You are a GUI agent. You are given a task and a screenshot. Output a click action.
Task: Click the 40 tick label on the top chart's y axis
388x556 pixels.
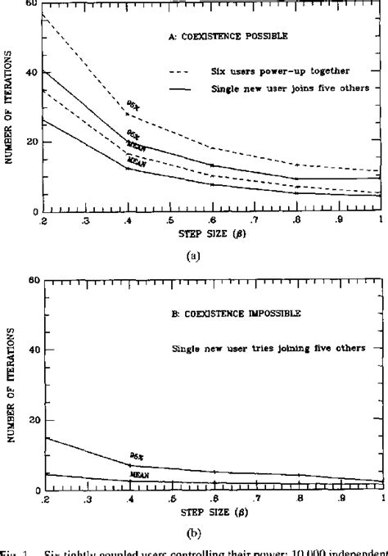(x=31, y=72)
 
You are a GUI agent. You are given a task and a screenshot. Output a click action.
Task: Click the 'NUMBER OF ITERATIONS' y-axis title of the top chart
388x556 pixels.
(x=10, y=107)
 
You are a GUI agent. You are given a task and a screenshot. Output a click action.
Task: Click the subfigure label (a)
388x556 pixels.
(x=194, y=255)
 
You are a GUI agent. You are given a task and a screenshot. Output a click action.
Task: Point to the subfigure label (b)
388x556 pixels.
(x=194, y=531)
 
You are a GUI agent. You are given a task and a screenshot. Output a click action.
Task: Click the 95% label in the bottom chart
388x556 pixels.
(x=136, y=455)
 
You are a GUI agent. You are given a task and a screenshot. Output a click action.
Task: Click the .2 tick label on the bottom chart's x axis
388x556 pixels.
(x=43, y=499)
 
